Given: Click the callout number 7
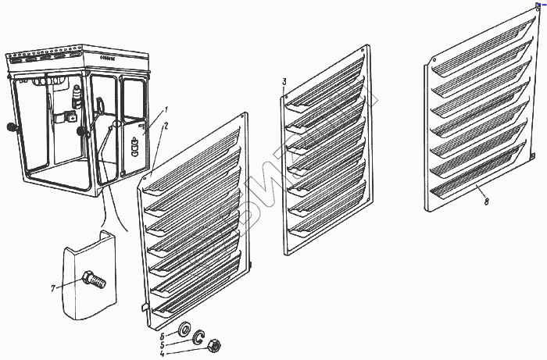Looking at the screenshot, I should [53, 288].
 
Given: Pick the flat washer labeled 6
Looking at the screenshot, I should [186, 327].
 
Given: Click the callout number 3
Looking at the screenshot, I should [284, 82].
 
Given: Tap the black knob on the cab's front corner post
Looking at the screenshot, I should [80, 130].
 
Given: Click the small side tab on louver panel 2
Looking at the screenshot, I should [145, 307].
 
